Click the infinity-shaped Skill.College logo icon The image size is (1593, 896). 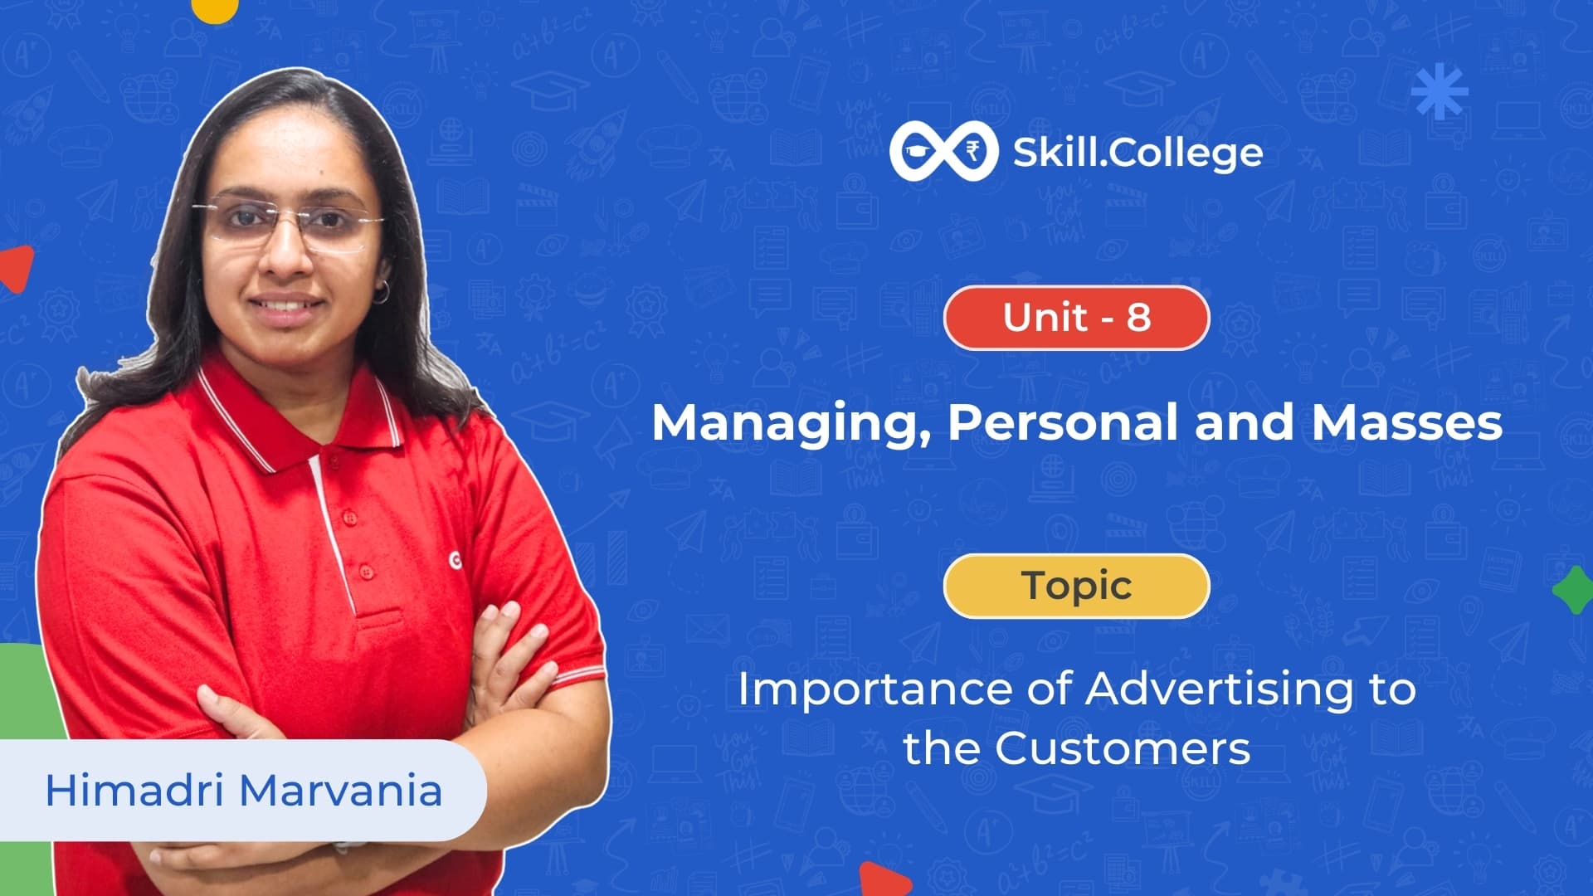(943, 151)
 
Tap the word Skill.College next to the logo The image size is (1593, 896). (1138, 153)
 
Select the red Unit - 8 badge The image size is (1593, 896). (1076, 317)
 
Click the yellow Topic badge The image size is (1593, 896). (1076, 586)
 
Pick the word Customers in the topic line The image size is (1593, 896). (1123, 748)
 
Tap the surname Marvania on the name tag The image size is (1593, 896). (341, 790)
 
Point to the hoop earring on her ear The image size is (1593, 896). (382, 292)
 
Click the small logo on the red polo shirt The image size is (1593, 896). (455, 561)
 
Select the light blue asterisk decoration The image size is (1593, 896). (1440, 90)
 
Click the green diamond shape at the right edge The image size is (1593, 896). (1574, 590)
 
